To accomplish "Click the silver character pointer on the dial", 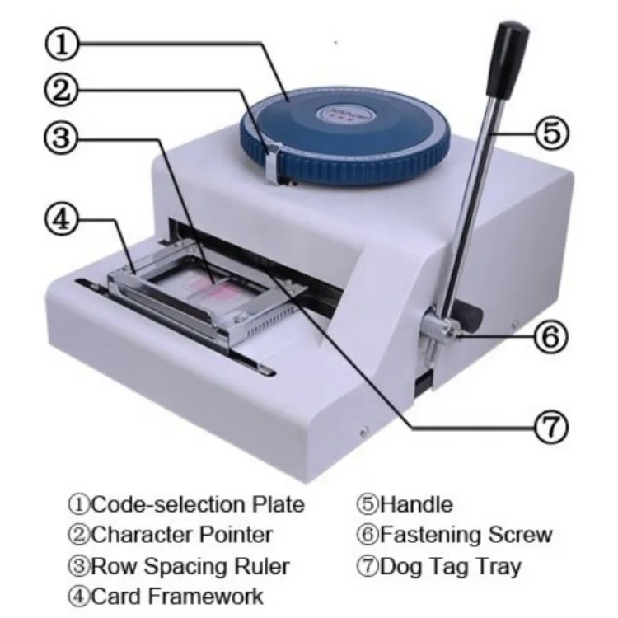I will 271,160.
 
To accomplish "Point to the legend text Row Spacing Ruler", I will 189,566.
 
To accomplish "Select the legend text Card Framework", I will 176,596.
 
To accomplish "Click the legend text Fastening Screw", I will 465,534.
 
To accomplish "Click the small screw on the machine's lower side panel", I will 363,429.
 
